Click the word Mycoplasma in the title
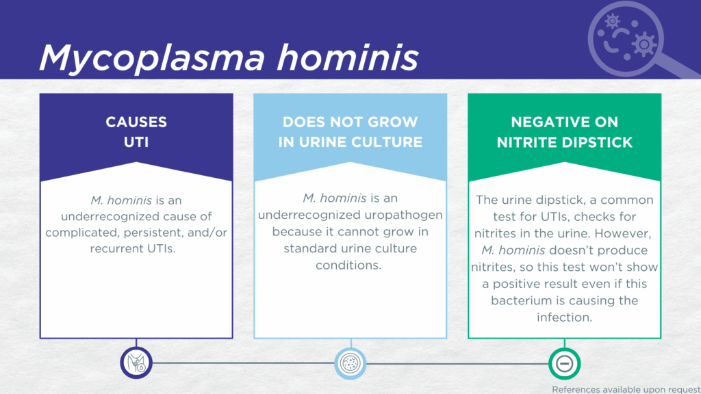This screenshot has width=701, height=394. (152, 57)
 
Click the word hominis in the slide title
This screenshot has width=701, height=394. (348, 57)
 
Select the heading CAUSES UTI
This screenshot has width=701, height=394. (136, 132)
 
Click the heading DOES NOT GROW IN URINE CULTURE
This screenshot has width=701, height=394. (350, 132)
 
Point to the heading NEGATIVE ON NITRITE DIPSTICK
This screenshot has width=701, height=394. (565, 132)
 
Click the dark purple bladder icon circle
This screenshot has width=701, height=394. (136, 363)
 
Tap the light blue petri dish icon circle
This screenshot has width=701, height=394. (350, 363)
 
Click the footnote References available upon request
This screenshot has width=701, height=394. (626, 389)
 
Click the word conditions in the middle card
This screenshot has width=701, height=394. (348, 265)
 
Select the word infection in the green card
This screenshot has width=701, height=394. (564, 317)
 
